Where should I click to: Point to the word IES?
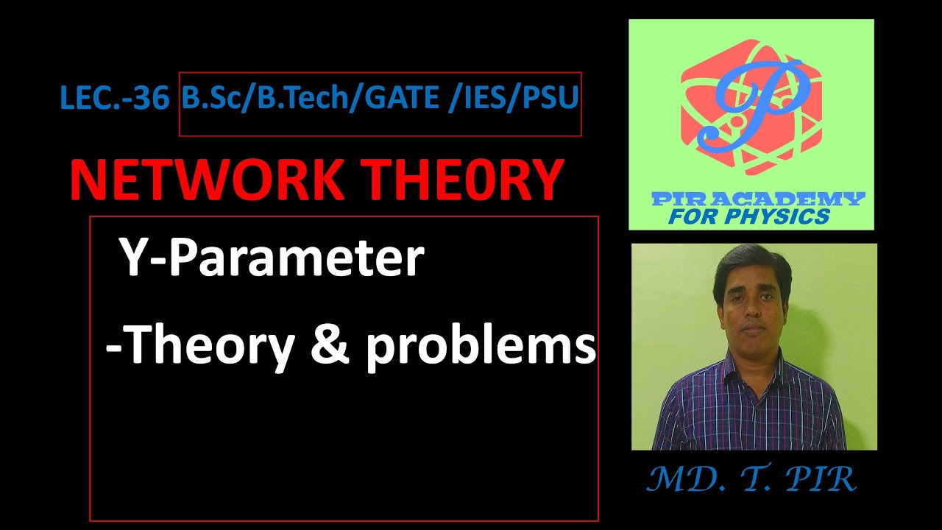489,98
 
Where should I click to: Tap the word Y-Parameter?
272,259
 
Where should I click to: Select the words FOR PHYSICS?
749,217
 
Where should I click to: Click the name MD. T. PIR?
751,480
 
